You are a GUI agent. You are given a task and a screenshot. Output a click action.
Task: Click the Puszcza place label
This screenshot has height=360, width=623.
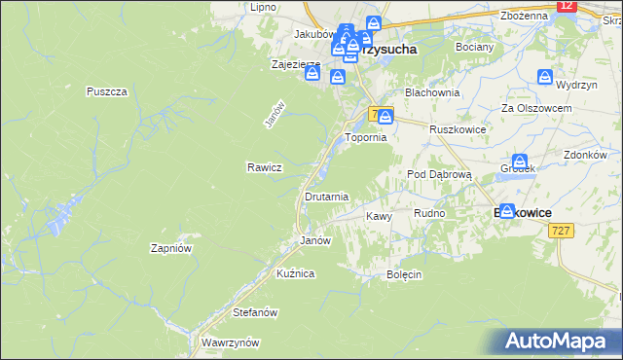[x=107, y=91]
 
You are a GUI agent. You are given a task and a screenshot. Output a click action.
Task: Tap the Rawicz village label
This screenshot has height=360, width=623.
[x=264, y=166]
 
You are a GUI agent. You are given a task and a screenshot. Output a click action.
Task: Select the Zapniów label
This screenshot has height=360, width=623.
[x=169, y=248]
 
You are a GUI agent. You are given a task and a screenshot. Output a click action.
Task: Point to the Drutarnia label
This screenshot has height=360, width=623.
[x=326, y=197]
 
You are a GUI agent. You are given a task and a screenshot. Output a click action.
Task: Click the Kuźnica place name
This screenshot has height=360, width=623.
[x=295, y=274]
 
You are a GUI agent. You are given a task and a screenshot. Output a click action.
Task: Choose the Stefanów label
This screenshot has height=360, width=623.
[x=256, y=313]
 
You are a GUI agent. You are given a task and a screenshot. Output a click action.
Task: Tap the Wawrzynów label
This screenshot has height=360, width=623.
[x=230, y=343]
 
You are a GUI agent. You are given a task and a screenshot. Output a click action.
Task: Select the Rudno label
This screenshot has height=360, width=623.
[x=429, y=213]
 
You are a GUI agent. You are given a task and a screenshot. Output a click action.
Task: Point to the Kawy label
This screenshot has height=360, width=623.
[x=378, y=216]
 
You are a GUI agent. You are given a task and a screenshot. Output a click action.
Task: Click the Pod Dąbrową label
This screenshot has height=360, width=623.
[x=439, y=174]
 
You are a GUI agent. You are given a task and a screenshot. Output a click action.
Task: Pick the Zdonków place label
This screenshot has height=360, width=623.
[x=585, y=155]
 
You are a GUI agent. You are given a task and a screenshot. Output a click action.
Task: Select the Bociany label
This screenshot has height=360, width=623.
[x=474, y=46]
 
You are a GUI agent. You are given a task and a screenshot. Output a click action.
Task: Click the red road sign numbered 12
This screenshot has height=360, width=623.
[x=568, y=6]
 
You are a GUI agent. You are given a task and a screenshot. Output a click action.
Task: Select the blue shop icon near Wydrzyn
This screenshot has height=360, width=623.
[x=544, y=76]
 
